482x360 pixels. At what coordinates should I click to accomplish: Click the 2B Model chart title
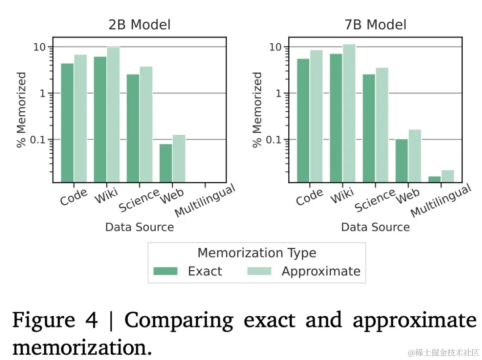pos(139,25)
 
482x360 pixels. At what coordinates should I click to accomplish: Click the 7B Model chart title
pos(375,25)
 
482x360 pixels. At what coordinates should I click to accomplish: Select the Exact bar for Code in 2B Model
pos(67,123)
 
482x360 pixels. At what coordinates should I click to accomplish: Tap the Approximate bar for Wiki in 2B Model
pos(113,114)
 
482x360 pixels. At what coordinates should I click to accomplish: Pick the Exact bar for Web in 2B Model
pos(166,163)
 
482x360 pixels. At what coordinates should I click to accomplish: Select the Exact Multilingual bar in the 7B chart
pos(434,179)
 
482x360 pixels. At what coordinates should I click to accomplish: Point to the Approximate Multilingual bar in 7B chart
pos(447,176)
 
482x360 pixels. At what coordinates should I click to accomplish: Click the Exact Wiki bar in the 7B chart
pos(336,118)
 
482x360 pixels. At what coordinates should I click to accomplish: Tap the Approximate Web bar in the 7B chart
pos(415,156)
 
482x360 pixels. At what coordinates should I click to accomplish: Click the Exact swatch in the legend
pos(165,271)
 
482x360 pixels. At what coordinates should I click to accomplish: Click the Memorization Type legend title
pos(257,253)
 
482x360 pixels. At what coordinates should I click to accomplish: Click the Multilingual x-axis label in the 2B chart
pos(205,201)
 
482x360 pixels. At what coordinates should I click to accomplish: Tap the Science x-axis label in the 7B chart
pos(375,201)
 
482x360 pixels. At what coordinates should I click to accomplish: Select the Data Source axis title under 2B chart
pos(139,227)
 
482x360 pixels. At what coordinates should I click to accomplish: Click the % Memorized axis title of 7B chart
pos(258,110)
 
